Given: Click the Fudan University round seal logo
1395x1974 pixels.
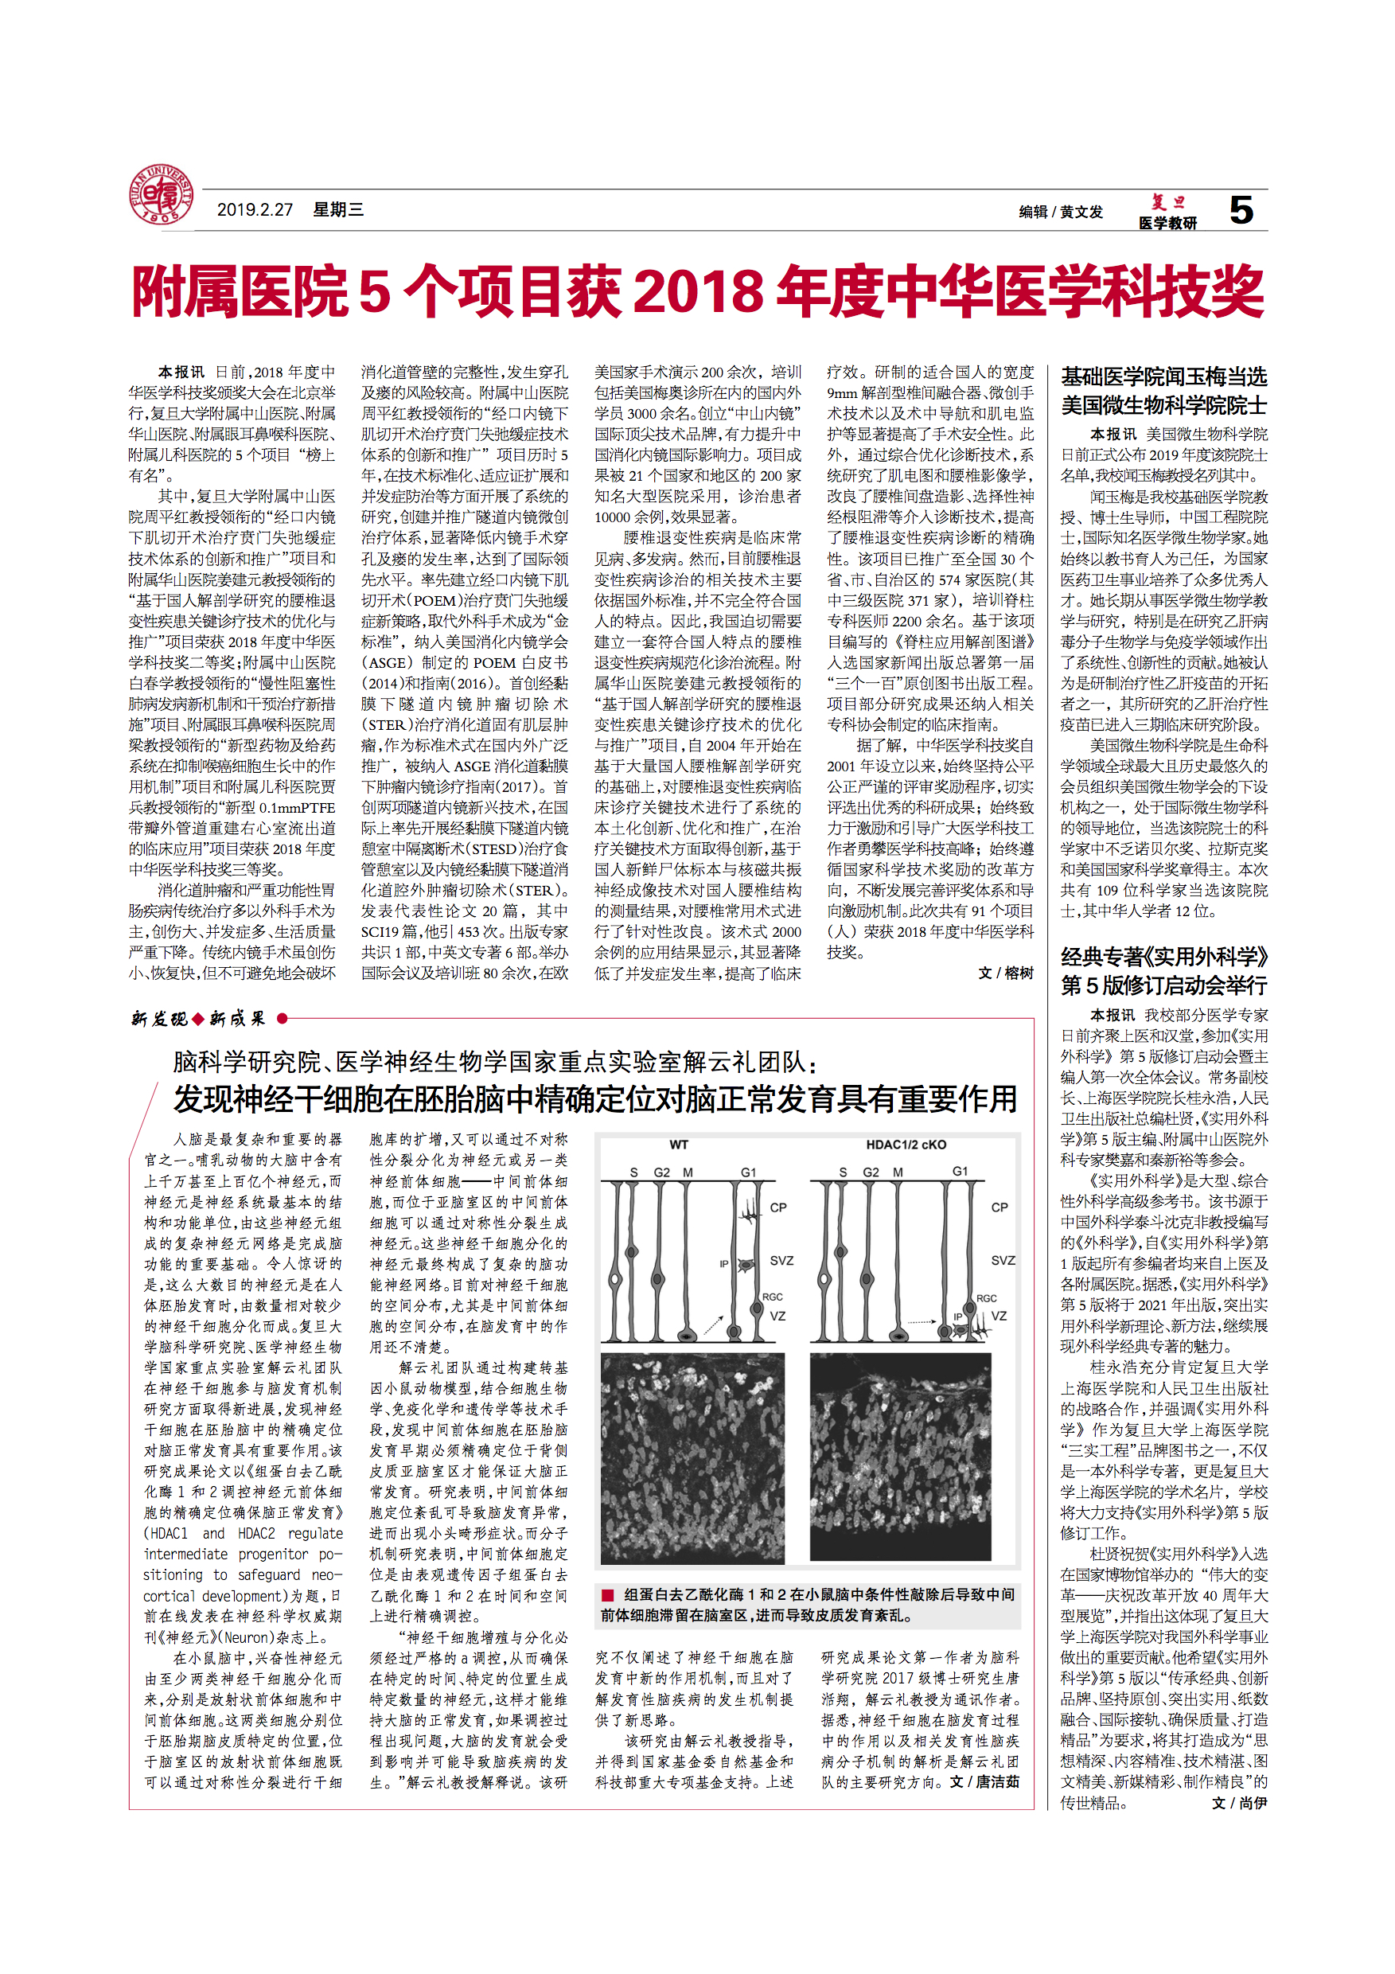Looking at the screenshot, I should (161, 196).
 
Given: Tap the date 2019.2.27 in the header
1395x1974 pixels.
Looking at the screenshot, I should (255, 210).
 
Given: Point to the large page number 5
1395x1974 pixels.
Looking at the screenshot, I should (1241, 210).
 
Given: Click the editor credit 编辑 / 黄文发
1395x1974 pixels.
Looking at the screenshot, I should (1061, 212).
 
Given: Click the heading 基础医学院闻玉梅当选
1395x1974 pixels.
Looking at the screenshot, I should (1163, 376).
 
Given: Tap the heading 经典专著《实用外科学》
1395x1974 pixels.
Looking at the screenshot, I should (1163, 957).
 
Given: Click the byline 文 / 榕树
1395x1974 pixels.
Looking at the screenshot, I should (1006, 973).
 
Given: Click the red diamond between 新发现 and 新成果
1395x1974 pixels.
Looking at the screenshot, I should (199, 1019).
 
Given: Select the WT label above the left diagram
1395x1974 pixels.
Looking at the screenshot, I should (678, 1145).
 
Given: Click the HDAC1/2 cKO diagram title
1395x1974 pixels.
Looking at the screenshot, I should (906, 1145).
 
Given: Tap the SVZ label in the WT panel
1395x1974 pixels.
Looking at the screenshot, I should (781, 1260).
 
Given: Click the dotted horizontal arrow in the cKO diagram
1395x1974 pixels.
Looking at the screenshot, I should (922, 1321).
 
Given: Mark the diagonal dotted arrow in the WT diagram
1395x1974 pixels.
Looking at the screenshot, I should (713, 1324).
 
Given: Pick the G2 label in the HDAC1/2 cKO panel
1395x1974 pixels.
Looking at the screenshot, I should (871, 1172).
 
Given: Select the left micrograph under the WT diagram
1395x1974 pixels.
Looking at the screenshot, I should (693, 1458).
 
